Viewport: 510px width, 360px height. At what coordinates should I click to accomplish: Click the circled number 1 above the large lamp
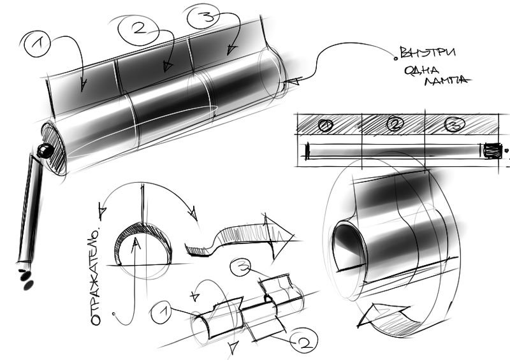coord(37,44)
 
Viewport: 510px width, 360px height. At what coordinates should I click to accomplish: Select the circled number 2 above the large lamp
coord(138,29)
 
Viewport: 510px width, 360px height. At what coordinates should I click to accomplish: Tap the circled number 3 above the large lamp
coord(203,16)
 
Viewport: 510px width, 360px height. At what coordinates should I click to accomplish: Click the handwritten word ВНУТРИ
coord(427,52)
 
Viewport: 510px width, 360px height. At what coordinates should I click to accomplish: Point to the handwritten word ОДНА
coord(422,70)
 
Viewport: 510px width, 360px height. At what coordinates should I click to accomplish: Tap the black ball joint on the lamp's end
coord(45,151)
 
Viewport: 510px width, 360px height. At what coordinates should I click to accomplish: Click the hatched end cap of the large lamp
coord(54,148)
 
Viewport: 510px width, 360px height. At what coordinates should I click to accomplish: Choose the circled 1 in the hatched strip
coord(326,126)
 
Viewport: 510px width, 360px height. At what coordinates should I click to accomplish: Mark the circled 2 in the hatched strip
coord(395,124)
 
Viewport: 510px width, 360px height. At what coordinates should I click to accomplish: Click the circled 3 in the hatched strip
coord(455,124)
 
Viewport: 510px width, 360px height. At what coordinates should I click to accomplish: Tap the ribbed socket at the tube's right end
coord(492,151)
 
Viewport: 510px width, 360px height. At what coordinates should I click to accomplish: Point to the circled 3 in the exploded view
coord(240,268)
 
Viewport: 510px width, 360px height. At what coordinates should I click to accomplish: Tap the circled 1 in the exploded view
coord(162,312)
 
